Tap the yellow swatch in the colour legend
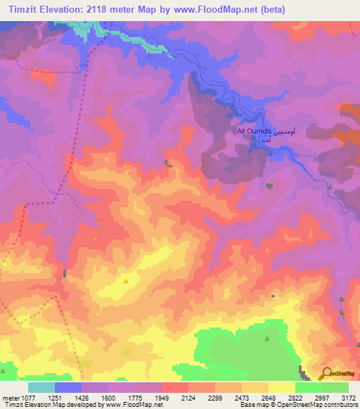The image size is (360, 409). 281,387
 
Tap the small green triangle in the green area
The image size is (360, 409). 267,339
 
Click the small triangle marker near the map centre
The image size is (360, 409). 126,280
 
